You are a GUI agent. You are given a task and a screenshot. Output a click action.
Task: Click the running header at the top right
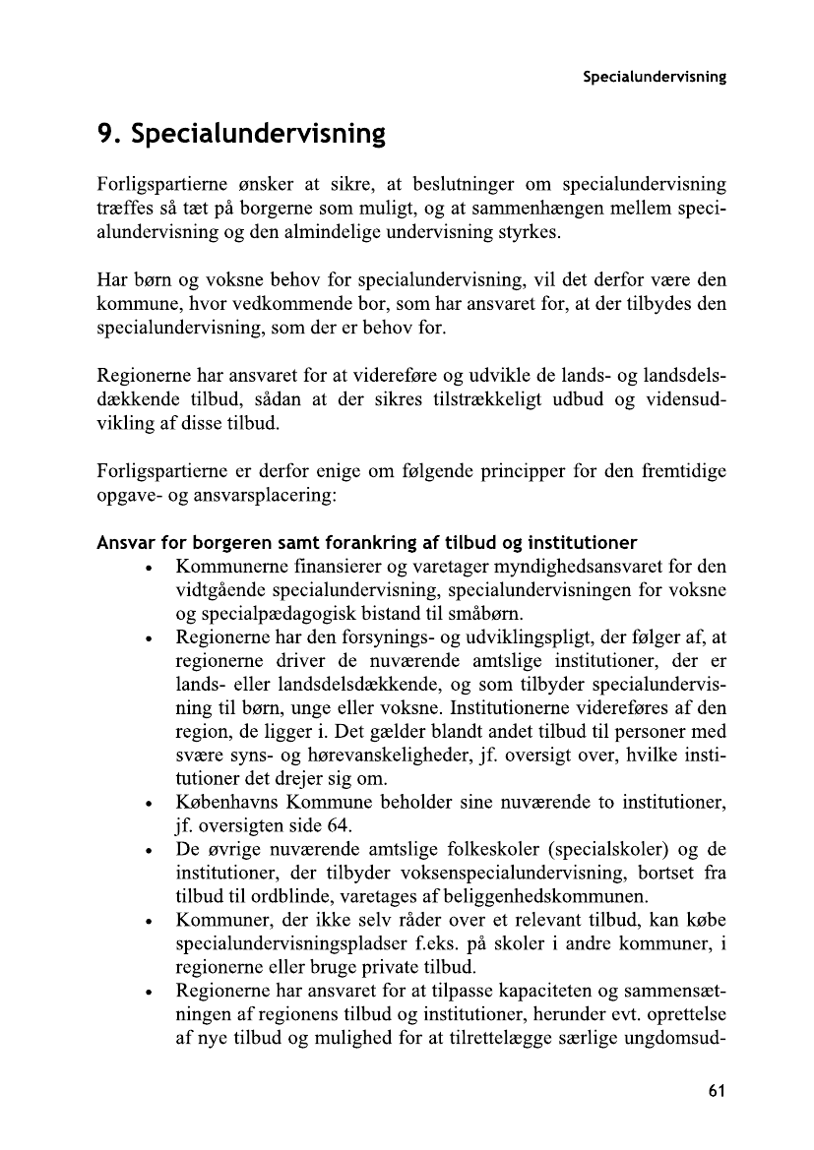(654, 77)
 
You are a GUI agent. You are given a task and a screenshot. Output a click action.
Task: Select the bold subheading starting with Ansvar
(366, 543)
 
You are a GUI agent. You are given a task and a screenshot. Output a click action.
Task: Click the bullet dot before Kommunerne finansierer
(147, 568)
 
